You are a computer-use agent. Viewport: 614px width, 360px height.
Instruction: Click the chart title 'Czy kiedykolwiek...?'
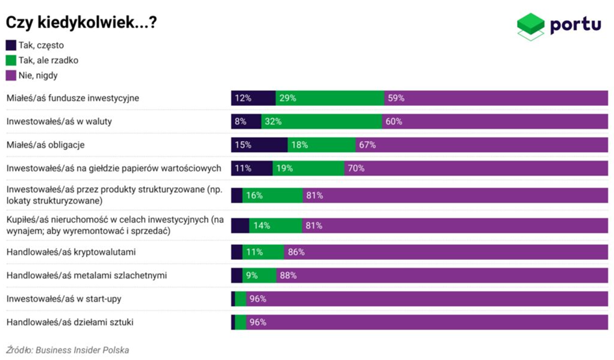(x=81, y=22)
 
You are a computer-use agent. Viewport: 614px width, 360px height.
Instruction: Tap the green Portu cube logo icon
(x=531, y=26)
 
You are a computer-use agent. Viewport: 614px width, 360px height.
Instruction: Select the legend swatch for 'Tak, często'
(x=11, y=45)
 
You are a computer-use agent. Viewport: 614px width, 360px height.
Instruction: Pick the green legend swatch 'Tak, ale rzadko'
(x=11, y=60)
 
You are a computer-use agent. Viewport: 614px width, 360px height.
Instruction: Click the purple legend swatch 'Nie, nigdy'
(x=11, y=75)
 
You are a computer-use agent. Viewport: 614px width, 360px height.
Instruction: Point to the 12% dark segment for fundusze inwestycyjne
(x=253, y=98)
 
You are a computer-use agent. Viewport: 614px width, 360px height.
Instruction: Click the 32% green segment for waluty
(x=322, y=122)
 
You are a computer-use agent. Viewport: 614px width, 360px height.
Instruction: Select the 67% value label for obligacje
(x=367, y=145)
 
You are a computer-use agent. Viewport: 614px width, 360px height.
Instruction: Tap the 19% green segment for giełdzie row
(x=308, y=168)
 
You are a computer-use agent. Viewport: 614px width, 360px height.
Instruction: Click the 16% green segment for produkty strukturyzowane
(x=272, y=195)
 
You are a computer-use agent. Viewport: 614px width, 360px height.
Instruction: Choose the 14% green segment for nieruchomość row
(x=275, y=225)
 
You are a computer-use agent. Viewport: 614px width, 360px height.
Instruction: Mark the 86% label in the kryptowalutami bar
(x=296, y=252)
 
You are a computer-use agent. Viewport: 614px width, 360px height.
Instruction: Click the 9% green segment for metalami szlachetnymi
(x=259, y=276)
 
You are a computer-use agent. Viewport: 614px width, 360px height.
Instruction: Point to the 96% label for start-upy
(x=258, y=299)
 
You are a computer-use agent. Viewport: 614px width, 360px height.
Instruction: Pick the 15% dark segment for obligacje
(x=259, y=145)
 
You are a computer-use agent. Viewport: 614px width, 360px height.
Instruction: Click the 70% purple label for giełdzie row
(x=355, y=168)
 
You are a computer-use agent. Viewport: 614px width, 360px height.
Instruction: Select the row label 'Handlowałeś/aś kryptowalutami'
(x=71, y=252)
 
